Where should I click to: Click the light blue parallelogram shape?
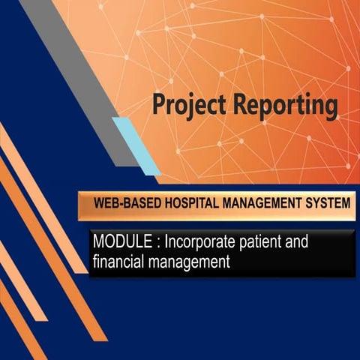coord(136,145)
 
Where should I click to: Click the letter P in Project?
coord(158,104)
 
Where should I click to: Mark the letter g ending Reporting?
coord(330,108)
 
